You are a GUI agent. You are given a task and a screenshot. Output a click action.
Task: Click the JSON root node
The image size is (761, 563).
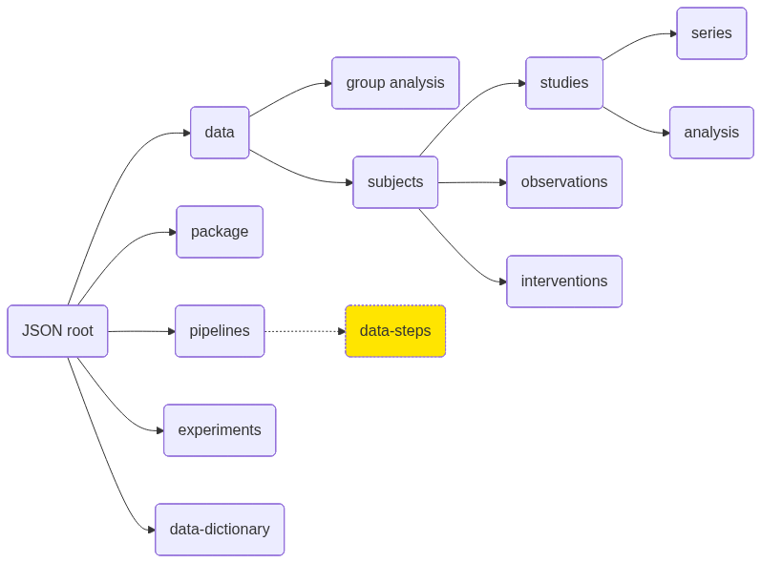[57, 331]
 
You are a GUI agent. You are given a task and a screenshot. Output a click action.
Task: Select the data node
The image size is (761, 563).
[220, 133]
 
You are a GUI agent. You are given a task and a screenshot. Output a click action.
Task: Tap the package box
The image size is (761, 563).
[220, 232]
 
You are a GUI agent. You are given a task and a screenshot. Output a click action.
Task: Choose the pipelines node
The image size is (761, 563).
[220, 331]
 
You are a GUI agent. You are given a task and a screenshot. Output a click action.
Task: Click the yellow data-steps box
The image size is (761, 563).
[395, 331]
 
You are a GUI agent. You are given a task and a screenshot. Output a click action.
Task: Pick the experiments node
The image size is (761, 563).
[220, 430]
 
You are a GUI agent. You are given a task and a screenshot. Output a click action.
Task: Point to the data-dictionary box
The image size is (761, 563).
[220, 530]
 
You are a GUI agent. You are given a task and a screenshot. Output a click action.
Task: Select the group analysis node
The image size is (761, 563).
[395, 83]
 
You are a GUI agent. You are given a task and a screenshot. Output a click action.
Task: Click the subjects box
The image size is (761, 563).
[395, 182]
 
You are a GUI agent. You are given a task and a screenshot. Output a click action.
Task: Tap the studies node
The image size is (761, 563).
[564, 83]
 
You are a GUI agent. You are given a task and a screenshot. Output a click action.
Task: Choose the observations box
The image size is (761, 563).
[564, 182]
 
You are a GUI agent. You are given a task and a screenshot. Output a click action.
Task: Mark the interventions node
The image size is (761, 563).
[564, 281]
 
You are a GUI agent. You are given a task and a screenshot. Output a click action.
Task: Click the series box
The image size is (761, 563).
[711, 33]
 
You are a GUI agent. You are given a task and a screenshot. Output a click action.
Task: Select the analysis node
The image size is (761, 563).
[711, 133]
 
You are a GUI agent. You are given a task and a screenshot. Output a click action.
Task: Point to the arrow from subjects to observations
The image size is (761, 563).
[472, 182]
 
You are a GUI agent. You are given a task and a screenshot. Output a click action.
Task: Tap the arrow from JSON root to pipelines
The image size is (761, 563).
[141, 331]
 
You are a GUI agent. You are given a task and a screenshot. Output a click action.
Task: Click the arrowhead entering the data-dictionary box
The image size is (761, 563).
[151, 530]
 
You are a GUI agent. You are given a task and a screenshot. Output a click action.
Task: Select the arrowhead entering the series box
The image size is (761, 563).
[672, 33]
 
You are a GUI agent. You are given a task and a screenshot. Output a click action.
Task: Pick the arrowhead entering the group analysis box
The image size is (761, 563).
[328, 83]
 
